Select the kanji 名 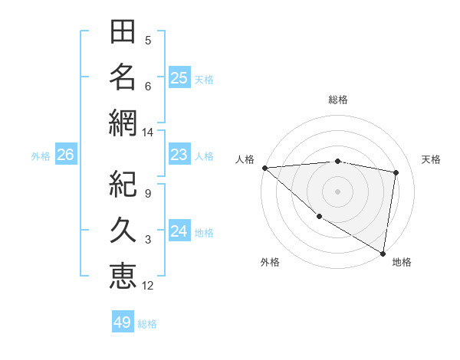(x=123, y=77)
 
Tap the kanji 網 (x=123, y=121)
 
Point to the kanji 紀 (x=123, y=185)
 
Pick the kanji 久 (x=123, y=230)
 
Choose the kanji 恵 (x=123, y=274)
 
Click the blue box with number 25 (x=179, y=77)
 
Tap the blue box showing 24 (x=179, y=231)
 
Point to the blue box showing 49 (x=123, y=322)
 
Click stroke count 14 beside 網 (x=148, y=133)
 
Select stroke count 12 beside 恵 (x=148, y=286)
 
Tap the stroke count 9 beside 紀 (x=147, y=194)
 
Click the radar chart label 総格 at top (x=338, y=100)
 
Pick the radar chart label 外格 (x=270, y=262)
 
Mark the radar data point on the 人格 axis (x=264, y=168)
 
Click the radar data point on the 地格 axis (x=382, y=252)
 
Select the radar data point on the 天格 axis (x=396, y=172)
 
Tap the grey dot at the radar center (x=338, y=191)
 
